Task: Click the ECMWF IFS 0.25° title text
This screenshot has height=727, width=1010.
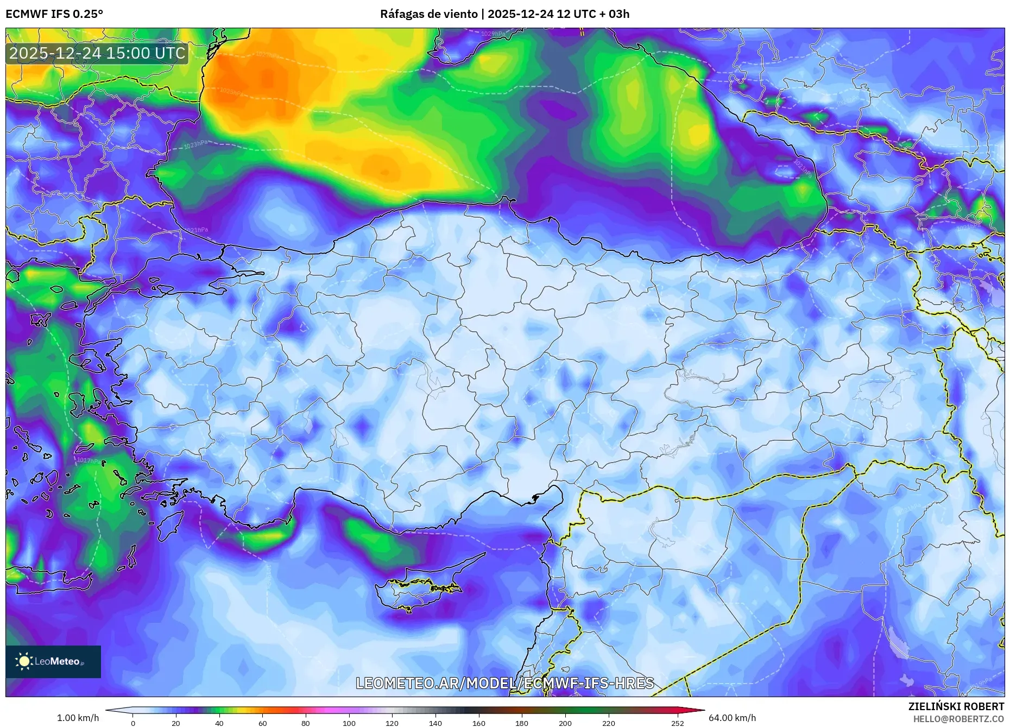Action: coord(54,14)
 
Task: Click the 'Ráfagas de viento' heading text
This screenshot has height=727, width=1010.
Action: coord(429,14)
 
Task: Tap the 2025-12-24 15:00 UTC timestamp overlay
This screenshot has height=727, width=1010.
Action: coord(97,53)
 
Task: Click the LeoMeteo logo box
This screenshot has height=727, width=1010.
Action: coord(53,661)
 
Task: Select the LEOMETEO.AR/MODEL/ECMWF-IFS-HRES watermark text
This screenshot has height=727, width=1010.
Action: coord(504,683)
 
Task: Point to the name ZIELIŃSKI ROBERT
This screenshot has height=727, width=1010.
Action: coord(956,706)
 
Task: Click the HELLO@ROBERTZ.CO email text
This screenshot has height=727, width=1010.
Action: coord(958,719)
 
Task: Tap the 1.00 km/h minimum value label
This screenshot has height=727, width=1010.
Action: coord(78,718)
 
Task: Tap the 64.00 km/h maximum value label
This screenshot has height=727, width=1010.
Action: coord(732,718)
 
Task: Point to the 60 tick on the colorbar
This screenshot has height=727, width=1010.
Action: coord(263,723)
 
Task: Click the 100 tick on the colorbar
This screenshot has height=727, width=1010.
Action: coord(349,723)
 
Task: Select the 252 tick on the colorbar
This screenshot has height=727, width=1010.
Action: coord(677,723)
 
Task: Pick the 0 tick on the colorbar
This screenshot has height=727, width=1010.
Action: coord(133,723)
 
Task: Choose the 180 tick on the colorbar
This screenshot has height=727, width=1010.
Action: coord(522,723)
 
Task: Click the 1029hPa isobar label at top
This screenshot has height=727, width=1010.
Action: coord(493,34)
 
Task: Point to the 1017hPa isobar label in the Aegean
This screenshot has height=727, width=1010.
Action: coord(89,460)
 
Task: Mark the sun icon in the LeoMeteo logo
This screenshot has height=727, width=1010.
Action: coord(24,661)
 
